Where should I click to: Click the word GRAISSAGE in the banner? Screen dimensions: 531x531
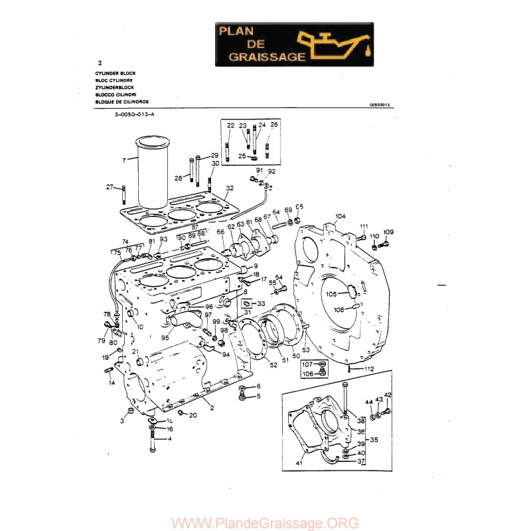(266, 57)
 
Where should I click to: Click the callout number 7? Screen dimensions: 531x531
(124, 161)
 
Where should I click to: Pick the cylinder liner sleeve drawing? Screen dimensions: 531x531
(153, 174)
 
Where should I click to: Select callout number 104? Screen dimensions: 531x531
(341, 216)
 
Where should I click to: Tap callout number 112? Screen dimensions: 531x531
(370, 369)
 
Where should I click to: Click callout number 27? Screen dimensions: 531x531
(110, 187)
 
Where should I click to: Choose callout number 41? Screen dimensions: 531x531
(299, 463)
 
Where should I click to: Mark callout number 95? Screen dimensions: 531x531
(165, 337)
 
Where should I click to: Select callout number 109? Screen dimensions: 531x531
(389, 232)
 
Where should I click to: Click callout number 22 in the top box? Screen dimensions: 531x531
(230, 125)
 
